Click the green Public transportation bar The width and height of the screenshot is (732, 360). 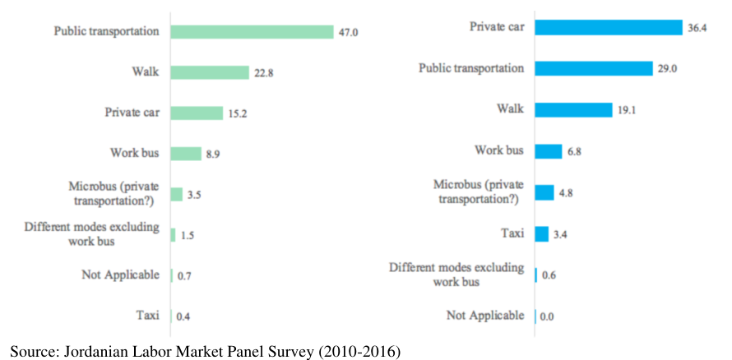[x=252, y=32]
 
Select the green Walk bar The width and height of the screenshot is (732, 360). [x=210, y=72]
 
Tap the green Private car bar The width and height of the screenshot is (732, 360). [x=197, y=113]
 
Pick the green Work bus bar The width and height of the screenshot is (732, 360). [x=186, y=154]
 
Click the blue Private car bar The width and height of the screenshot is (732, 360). [x=609, y=27]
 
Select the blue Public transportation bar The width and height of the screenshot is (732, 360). [x=594, y=68]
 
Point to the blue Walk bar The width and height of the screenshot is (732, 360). [x=574, y=110]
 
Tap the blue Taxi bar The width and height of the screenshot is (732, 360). [x=542, y=234]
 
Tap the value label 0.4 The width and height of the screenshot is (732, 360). [x=183, y=317]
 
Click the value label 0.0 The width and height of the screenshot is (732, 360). [x=547, y=317]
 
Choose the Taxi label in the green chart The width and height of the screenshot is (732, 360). [x=147, y=316]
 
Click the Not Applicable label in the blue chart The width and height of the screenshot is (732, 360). [x=485, y=316]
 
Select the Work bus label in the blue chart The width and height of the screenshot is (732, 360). [x=499, y=150]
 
